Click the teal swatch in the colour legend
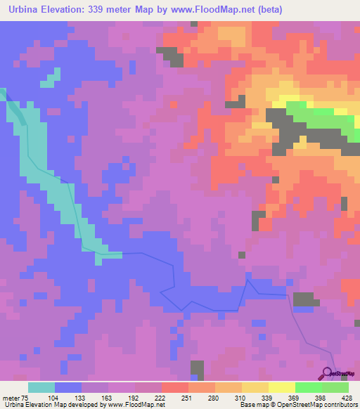[41, 387]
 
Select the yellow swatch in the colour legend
[281, 387]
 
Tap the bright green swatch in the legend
[308, 387]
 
